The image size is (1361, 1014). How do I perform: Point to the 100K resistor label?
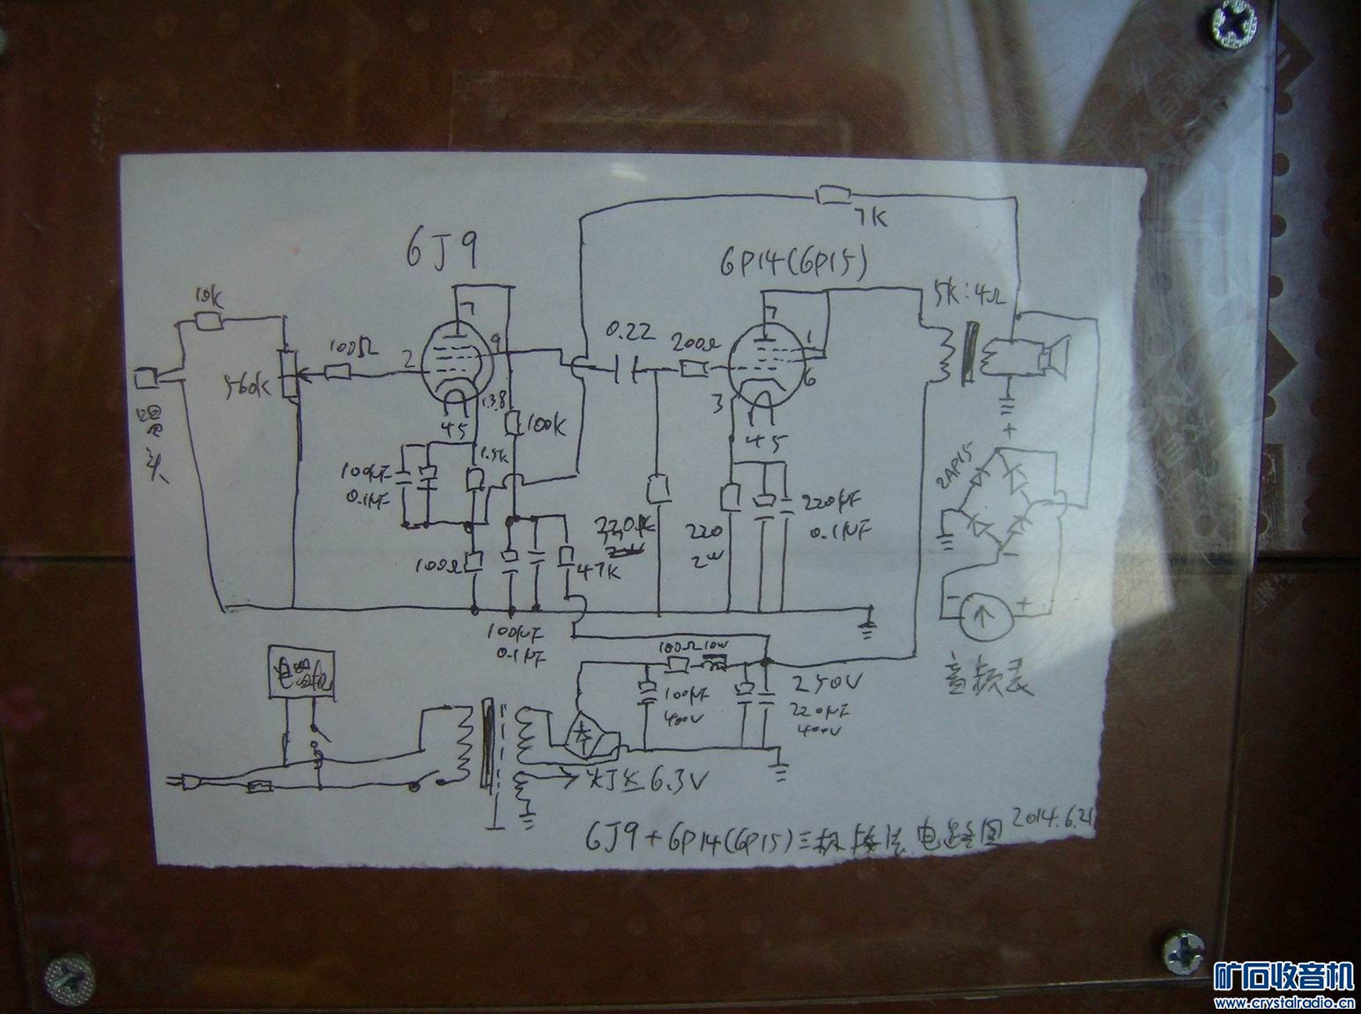548,428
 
